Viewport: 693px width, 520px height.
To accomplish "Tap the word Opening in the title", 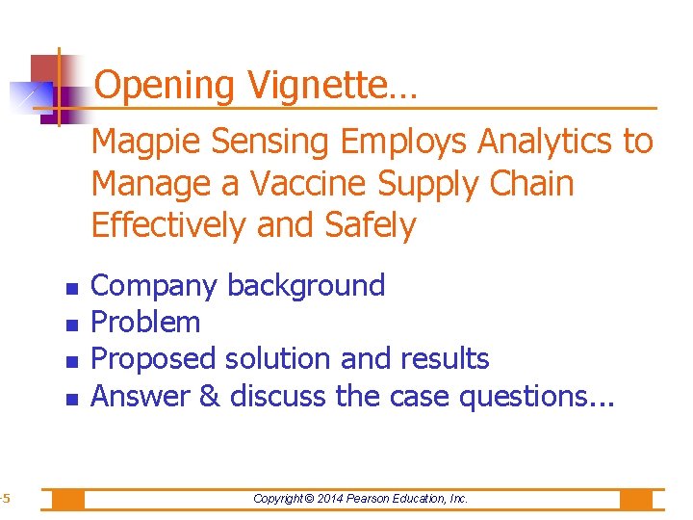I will [x=166, y=87].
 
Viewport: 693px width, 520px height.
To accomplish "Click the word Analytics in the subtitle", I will [x=547, y=142].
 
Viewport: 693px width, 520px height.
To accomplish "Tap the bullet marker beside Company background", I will [x=70, y=287].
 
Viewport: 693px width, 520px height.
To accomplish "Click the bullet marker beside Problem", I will [x=70, y=324].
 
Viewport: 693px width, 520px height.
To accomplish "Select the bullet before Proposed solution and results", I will [x=70, y=360].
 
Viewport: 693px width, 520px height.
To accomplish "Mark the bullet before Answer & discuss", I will [x=70, y=397].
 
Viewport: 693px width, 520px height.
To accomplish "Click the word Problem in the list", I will [x=145, y=322].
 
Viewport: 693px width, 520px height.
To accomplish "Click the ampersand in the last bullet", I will [x=210, y=395].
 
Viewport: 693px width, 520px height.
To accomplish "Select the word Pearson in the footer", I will [x=384, y=499].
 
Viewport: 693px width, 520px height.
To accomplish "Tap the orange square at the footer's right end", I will [x=636, y=499].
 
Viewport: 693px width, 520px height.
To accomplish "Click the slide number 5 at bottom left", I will [x=5, y=499].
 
